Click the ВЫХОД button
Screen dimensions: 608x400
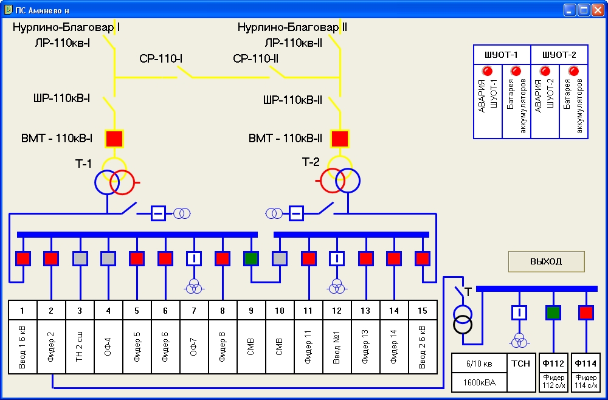tap(547, 261)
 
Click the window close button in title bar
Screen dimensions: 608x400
tap(598, 10)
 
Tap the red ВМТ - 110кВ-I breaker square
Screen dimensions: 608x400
tap(114, 139)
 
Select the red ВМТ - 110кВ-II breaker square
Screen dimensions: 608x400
tap(340, 139)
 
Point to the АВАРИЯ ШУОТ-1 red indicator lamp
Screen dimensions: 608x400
tap(488, 71)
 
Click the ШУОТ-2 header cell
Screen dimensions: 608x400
tap(559, 55)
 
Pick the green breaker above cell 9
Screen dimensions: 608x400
tap(251, 258)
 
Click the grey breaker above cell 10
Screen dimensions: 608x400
tap(279, 258)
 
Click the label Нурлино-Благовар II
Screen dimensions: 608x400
tap(292, 27)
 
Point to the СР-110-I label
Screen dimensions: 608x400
tap(161, 59)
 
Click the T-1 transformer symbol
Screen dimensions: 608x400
tap(115, 176)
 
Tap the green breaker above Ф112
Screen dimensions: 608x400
tap(553, 312)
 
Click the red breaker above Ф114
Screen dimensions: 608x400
tap(586, 312)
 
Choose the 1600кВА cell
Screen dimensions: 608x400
tap(479, 382)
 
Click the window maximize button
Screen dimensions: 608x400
tap(584, 10)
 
